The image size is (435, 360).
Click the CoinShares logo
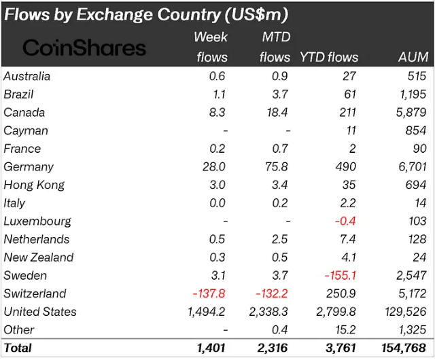[84, 48]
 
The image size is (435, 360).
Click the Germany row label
[29, 167]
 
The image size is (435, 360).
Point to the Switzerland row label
[35, 293]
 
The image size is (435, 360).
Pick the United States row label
[40, 312]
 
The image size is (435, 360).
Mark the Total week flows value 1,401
[211, 348]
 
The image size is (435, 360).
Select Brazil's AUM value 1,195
[411, 94]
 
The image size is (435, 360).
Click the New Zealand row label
[39, 257]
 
